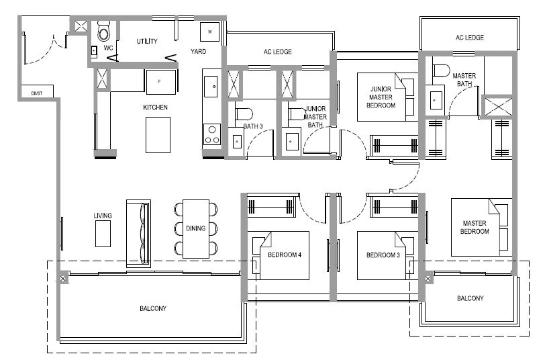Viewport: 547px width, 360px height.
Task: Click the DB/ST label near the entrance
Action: tap(37, 93)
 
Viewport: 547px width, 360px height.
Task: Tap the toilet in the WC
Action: tap(103, 31)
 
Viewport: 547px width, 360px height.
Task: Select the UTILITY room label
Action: tap(147, 41)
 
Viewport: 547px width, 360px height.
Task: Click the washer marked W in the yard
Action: tap(209, 32)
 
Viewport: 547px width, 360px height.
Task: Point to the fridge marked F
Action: tap(161, 82)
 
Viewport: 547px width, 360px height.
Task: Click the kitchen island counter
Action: tap(158, 135)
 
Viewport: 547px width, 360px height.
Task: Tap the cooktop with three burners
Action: tap(212, 134)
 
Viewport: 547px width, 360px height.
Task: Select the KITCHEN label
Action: tap(155, 107)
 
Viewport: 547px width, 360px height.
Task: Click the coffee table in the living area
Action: tap(103, 234)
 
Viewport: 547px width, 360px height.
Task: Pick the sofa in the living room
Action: tap(138, 233)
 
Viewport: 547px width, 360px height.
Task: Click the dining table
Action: tap(196, 229)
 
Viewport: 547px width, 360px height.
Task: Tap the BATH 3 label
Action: tap(253, 126)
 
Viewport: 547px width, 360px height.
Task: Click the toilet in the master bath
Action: tap(441, 71)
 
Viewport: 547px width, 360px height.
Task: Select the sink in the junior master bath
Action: tap(292, 142)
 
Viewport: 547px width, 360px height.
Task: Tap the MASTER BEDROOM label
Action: tap(475, 227)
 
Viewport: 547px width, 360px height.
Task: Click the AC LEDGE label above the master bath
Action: tap(470, 38)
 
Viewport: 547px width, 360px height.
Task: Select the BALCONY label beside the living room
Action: tap(153, 308)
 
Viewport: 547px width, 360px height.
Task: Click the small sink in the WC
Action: tap(94, 51)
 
